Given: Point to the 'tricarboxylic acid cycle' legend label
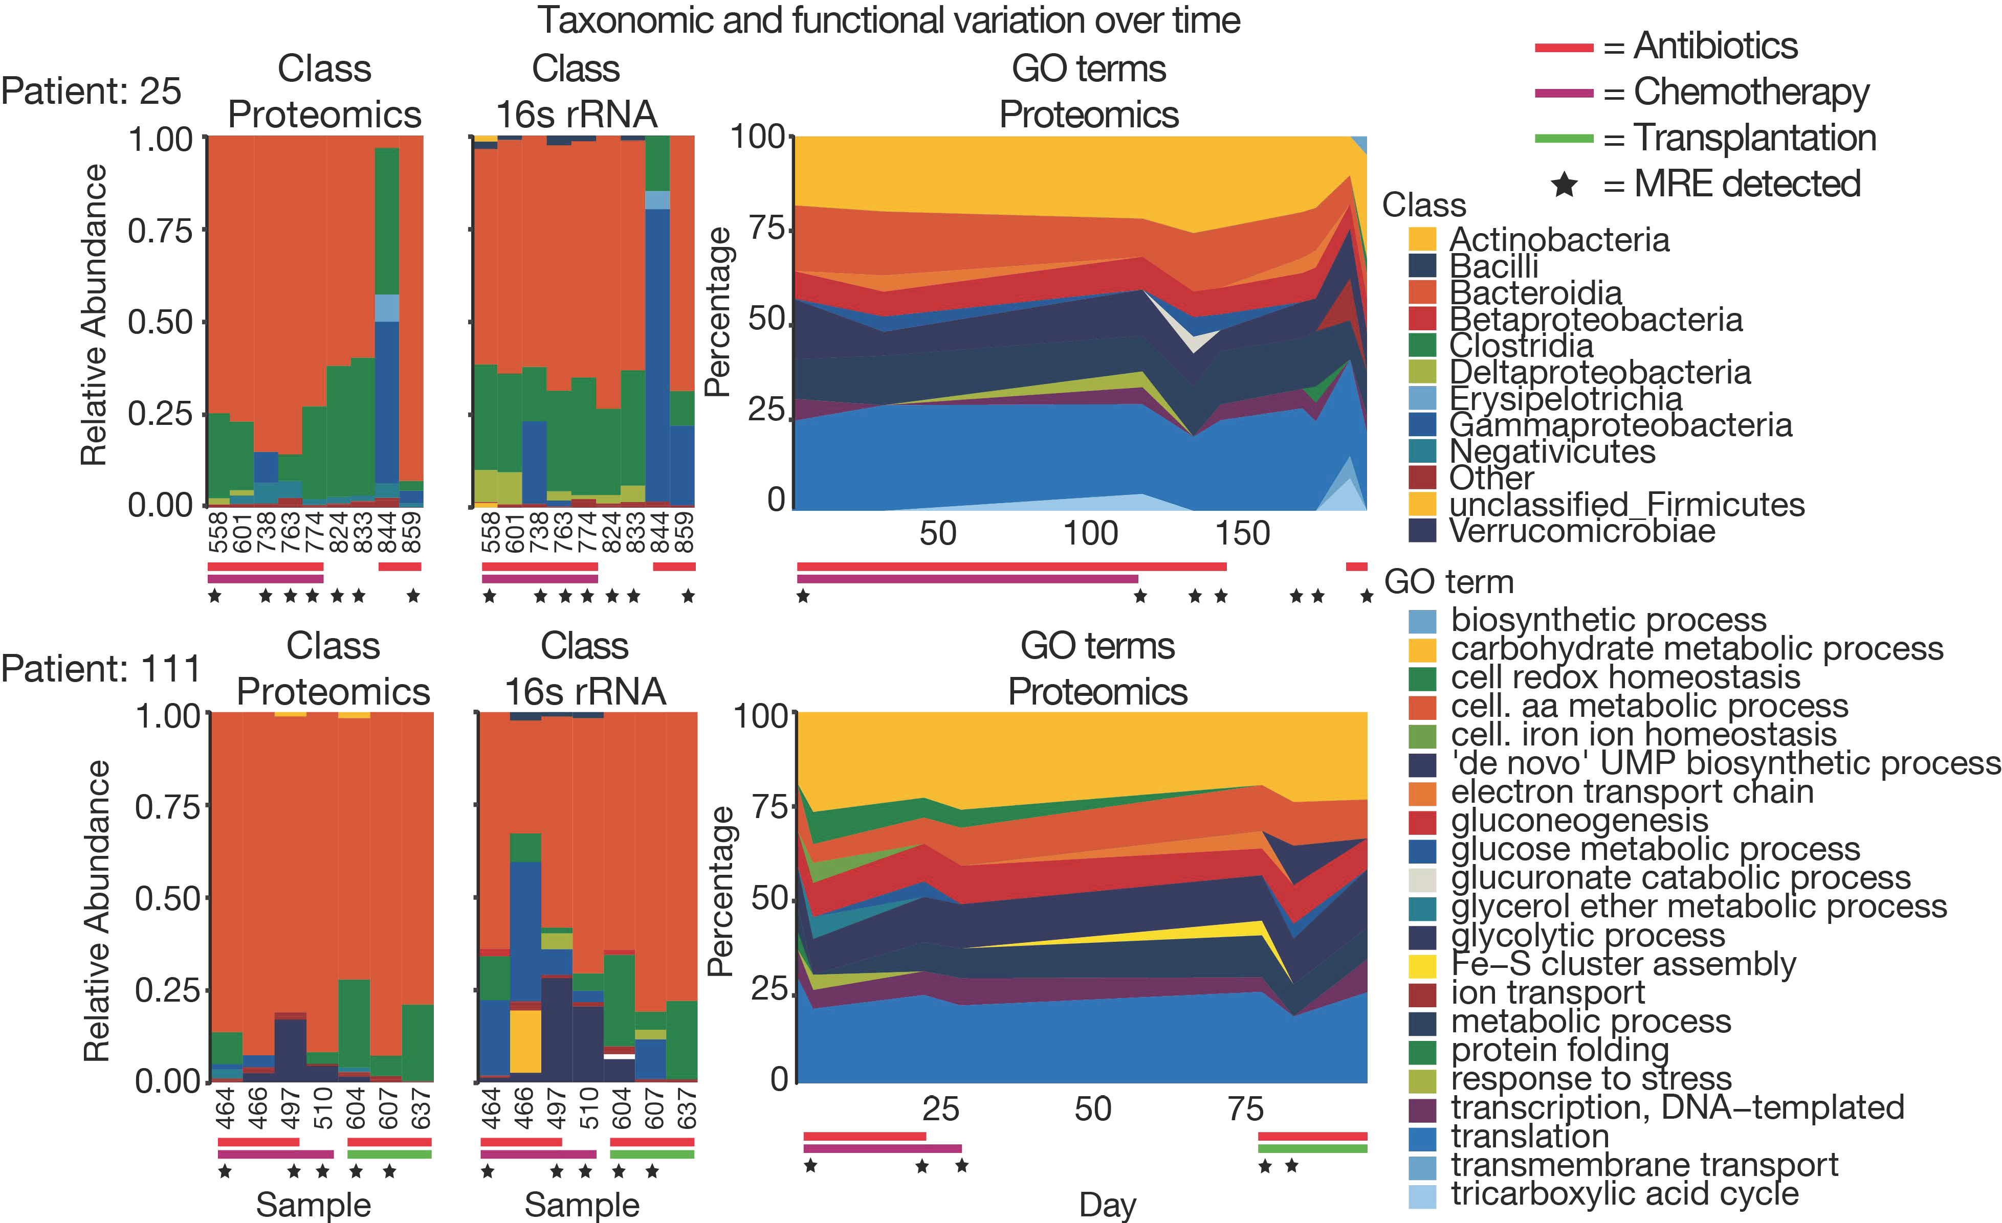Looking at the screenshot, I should click(1624, 1194).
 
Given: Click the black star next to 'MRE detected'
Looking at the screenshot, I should click(1564, 185).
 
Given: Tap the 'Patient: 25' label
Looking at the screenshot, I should click(91, 92).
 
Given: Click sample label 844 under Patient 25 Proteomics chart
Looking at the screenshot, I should click(388, 532).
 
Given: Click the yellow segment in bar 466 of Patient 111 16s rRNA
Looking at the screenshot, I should click(525, 1041).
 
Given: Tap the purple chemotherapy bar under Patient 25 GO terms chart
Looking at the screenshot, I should click(967, 579).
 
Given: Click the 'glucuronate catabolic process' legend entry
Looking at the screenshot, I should click(1680, 878).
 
